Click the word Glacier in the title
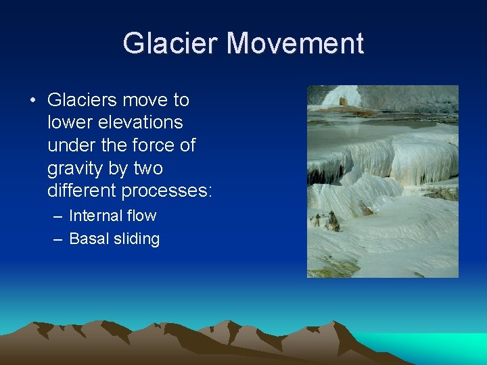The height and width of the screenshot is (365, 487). tap(171, 44)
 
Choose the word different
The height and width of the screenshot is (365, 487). tap(82, 191)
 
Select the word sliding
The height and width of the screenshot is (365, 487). tap(137, 239)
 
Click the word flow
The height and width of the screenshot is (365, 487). tap(143, 216)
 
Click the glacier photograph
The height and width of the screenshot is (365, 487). tap(382, 181)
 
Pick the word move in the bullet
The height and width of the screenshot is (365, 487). tap(147, 100)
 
